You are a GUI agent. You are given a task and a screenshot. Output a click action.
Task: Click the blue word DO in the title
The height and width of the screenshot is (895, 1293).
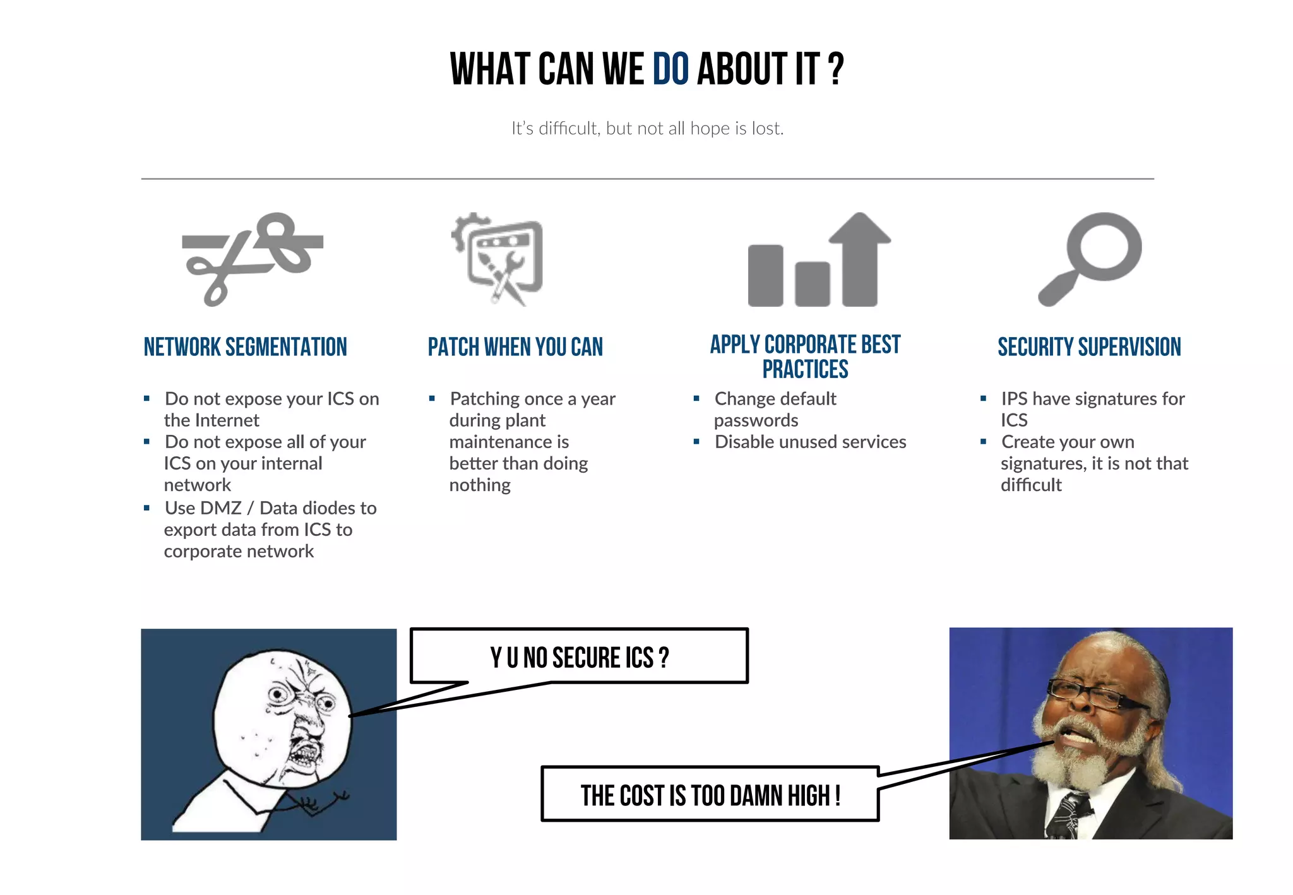[x=670, y=69]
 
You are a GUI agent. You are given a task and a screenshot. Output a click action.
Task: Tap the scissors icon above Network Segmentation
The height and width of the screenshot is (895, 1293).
[x=252, y=258]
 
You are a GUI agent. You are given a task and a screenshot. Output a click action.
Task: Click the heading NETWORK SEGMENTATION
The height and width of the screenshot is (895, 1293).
[x=245, y=347]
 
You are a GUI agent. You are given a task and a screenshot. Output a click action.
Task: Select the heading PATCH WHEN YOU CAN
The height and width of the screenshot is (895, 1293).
[x=515, y=347]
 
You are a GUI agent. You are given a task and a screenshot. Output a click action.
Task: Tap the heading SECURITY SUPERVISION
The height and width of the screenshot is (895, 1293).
[x=1089, y=347]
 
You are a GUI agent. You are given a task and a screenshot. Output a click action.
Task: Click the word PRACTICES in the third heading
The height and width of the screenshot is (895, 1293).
[x=805, y=370]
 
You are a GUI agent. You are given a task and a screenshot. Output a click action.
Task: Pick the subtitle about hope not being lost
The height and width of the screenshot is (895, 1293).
[x=647, y=129]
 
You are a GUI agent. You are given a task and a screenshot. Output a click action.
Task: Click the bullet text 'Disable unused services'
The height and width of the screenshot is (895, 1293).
[x=810, y=442]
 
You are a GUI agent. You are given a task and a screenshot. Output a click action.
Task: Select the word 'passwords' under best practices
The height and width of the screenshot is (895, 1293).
[x=756, y=420]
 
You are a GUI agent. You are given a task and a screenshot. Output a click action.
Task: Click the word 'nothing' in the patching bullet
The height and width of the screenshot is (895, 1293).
[x=480, y=485]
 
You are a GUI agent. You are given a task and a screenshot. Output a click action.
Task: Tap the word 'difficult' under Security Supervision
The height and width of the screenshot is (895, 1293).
[x=1031, y=485]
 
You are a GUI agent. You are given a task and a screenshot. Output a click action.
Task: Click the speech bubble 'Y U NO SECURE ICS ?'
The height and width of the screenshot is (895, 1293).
[x=579, y=657]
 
